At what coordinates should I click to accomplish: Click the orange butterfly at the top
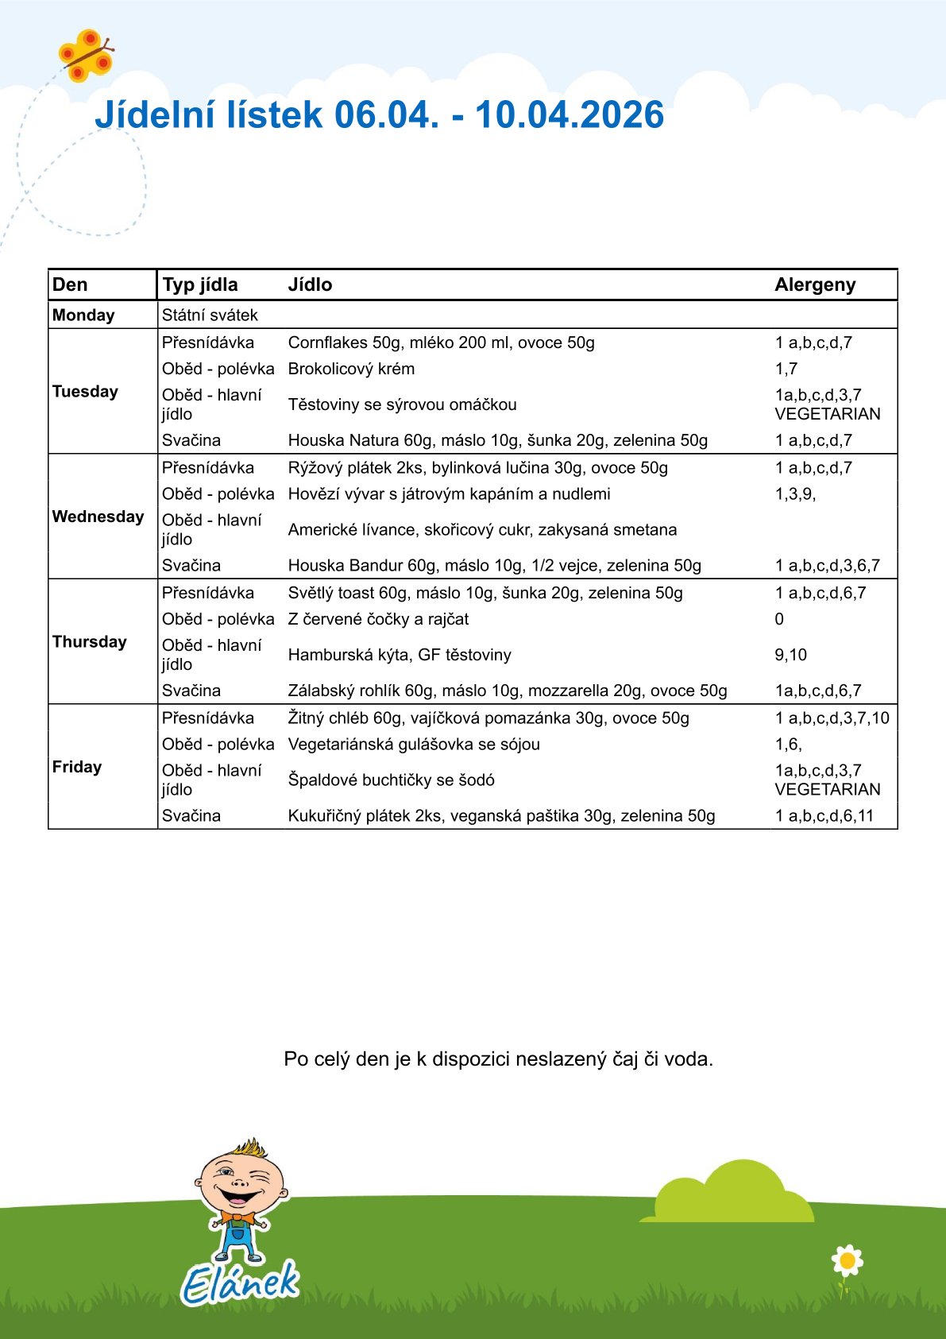coord(86,56)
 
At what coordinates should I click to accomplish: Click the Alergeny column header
coord(815,284)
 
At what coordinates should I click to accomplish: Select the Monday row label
coord(83,315)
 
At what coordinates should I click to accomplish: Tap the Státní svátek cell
coord(210,315)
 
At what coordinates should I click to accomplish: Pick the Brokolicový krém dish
coord(351,369)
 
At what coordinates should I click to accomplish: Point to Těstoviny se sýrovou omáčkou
coord(402,404)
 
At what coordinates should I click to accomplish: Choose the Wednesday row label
coord(98,517)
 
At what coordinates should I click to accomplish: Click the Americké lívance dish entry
coord(482,530)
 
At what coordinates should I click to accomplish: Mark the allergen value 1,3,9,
coord(795,493)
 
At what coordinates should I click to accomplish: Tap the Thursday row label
coord(89,641)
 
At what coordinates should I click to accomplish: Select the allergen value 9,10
coord(790,655)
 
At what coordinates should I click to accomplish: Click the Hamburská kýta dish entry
coord(400,655)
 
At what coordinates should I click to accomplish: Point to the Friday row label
coord(77,767)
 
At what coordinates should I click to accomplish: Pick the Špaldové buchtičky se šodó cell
coord(391,780)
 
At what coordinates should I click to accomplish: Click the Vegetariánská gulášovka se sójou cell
coord(414,745)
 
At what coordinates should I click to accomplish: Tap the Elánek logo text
coord(240,1282)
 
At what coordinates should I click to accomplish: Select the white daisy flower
coord(848,1260)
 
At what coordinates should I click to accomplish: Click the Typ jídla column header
coord(199,284)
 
